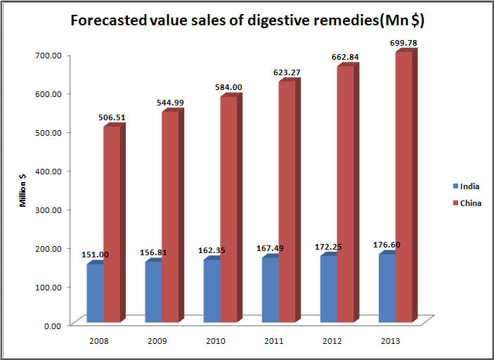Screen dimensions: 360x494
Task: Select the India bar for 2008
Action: coord(96,292)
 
